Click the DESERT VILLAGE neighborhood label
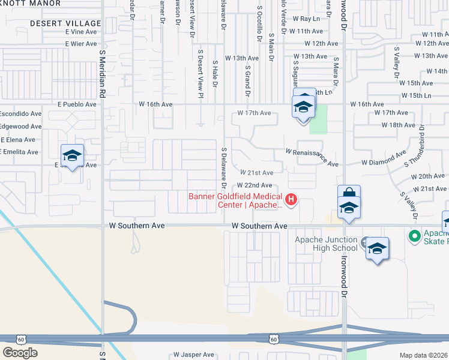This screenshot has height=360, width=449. coord(67,23)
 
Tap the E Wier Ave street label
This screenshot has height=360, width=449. coord(82,44)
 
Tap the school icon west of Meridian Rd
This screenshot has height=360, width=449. coord(72,155)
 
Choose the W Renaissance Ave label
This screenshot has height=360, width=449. coord(312,157)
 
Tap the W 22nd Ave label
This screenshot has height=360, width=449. coord(255,185)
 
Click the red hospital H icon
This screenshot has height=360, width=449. coord(292,199)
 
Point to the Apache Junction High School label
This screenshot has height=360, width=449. coord(326,244)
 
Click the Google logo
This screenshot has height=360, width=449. coord(20,352)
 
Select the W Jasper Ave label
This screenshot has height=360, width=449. coord(193,355)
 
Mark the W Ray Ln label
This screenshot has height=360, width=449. coord(308,19)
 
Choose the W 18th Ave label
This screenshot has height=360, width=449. coord(398,125)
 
